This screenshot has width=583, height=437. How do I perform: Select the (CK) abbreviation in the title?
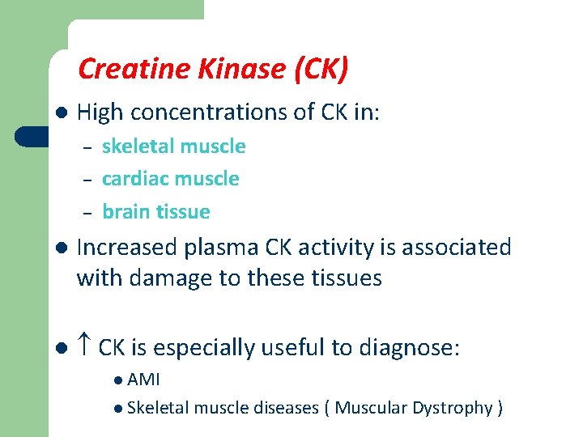321,70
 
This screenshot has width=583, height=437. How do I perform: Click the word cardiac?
134,179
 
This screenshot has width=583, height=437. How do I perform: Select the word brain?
125,212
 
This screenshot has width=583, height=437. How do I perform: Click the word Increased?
128,247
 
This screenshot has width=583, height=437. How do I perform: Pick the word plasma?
221,248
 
